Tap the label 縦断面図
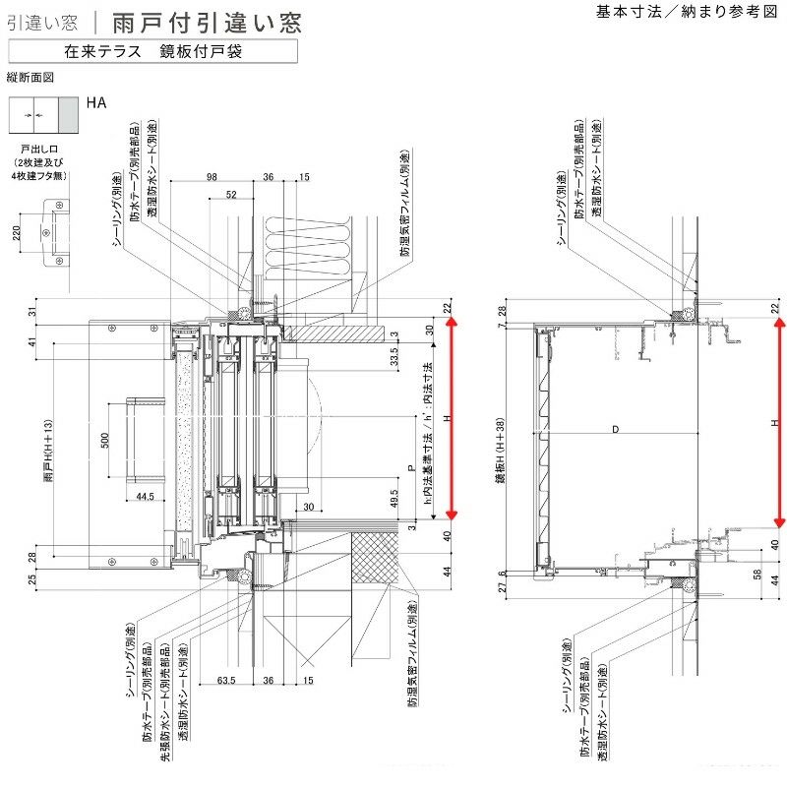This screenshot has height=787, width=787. [x=29, y=76]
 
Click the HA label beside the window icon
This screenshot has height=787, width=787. [x=95, y=101]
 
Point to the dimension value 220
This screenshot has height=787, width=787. [x=17, y=233]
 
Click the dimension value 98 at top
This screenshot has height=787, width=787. [x=212, y=177]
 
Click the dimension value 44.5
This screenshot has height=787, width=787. [x=146, y=496]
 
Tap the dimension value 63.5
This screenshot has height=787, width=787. [x=225, y=679]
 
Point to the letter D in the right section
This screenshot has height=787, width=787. [x=615, y=429]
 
